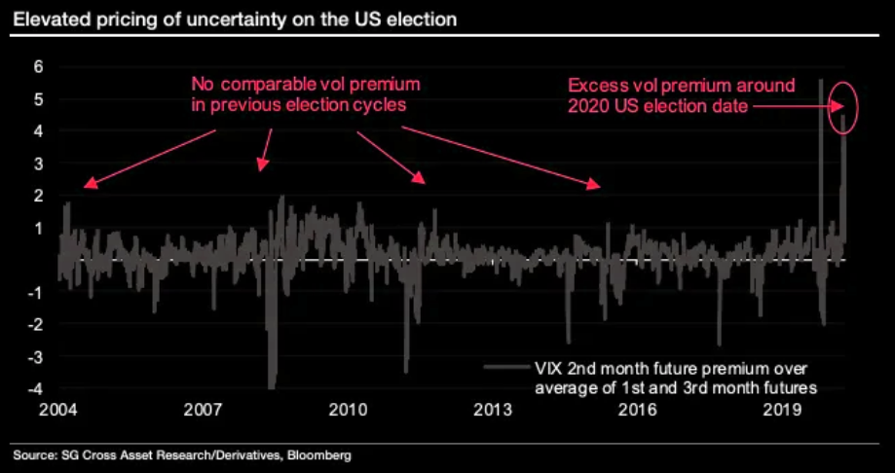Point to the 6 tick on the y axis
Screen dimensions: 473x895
pos(38,67)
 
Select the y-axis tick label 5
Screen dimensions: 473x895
pos(38,99)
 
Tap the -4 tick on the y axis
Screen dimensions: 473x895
pos(35,388)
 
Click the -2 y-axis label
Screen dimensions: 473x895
pos(35,324)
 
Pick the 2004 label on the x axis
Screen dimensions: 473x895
pos(57,409)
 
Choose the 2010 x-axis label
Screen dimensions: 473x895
pos(348,409)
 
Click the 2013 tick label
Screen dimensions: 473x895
pos(493,409)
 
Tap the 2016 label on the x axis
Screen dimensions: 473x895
pos(638,409)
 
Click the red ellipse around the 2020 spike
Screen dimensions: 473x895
pos(841,105)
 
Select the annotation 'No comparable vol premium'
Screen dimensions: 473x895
pos(306,85)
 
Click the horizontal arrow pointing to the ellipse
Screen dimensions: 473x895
pos(790,106)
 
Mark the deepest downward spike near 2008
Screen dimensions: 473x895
pos(272,384)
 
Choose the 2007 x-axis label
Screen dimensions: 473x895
pos(203,409)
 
